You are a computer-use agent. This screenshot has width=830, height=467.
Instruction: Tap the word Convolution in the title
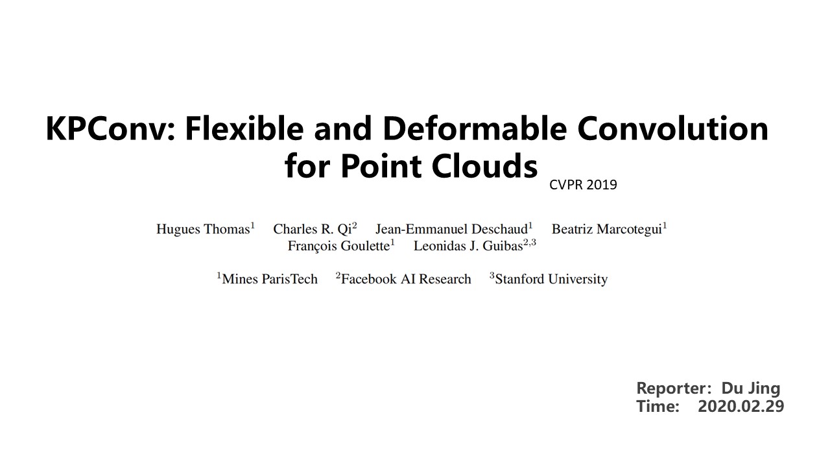pos(672,128)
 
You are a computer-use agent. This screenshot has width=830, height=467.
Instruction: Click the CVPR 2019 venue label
pos(583,185)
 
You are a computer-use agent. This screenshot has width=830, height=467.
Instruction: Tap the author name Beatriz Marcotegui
pos(606,229)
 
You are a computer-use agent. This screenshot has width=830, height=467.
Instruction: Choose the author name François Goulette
pos(338,246)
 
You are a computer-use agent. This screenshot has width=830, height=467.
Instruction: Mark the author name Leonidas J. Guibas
pos(468,246)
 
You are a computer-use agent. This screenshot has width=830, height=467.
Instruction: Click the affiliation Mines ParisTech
pos(270,280)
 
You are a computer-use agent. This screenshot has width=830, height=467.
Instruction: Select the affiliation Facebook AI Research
pos(406,280)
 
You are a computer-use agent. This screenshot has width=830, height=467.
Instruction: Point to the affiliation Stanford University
pos(551,280)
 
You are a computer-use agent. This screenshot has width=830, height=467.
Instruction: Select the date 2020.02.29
pos(741,407)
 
